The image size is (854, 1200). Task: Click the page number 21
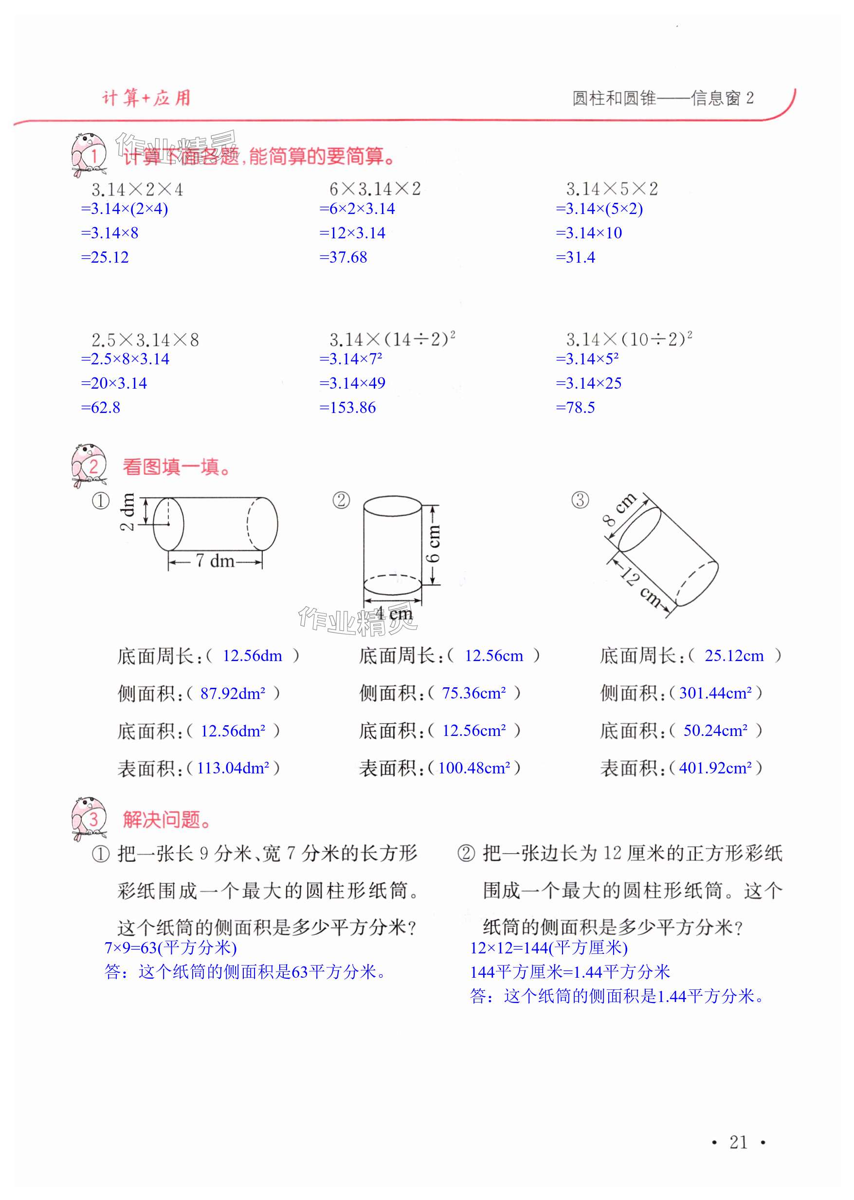click(x=738, y=1142)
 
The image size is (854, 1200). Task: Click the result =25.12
click(x=105, y=257)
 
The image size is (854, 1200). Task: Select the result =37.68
click(x=343, y=257)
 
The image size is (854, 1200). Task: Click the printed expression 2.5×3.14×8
click(x=145, y=340)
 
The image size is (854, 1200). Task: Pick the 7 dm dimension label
click(x=215, y=561)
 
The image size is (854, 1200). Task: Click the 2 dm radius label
click(x=127, y=512)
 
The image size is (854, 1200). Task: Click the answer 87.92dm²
click(x=233, y=693)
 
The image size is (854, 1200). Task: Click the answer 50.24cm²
click(x=715, y=731)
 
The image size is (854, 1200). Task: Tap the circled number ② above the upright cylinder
click(x=341, y=500)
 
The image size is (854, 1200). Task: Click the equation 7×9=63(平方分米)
click(x=170, y=948)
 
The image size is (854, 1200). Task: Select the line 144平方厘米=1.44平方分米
click(x=570, y=972)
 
